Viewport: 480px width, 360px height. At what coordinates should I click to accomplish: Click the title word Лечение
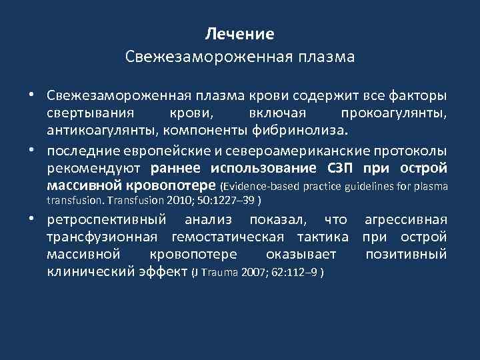pos(240,33)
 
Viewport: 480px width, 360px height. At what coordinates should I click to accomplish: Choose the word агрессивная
pos(405,219)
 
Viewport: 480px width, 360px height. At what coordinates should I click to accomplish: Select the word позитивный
pos(406,253)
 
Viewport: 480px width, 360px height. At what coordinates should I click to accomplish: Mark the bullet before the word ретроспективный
pos(32,218)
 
